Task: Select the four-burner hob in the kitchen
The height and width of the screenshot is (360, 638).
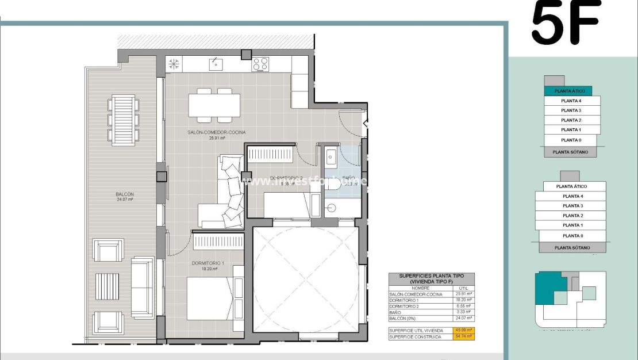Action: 260,64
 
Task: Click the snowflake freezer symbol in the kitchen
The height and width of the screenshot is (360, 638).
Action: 174,63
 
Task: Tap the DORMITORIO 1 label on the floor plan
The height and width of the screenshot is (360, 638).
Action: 207,263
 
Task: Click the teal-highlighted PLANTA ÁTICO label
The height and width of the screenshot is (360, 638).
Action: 569,91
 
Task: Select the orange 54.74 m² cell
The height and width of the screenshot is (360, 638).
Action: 463,336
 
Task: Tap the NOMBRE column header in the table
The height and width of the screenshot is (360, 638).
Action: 420,288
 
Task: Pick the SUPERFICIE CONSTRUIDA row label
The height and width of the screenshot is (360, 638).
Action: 415,336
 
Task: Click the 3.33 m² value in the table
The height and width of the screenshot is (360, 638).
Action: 464,311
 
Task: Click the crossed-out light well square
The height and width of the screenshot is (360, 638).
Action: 305,279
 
